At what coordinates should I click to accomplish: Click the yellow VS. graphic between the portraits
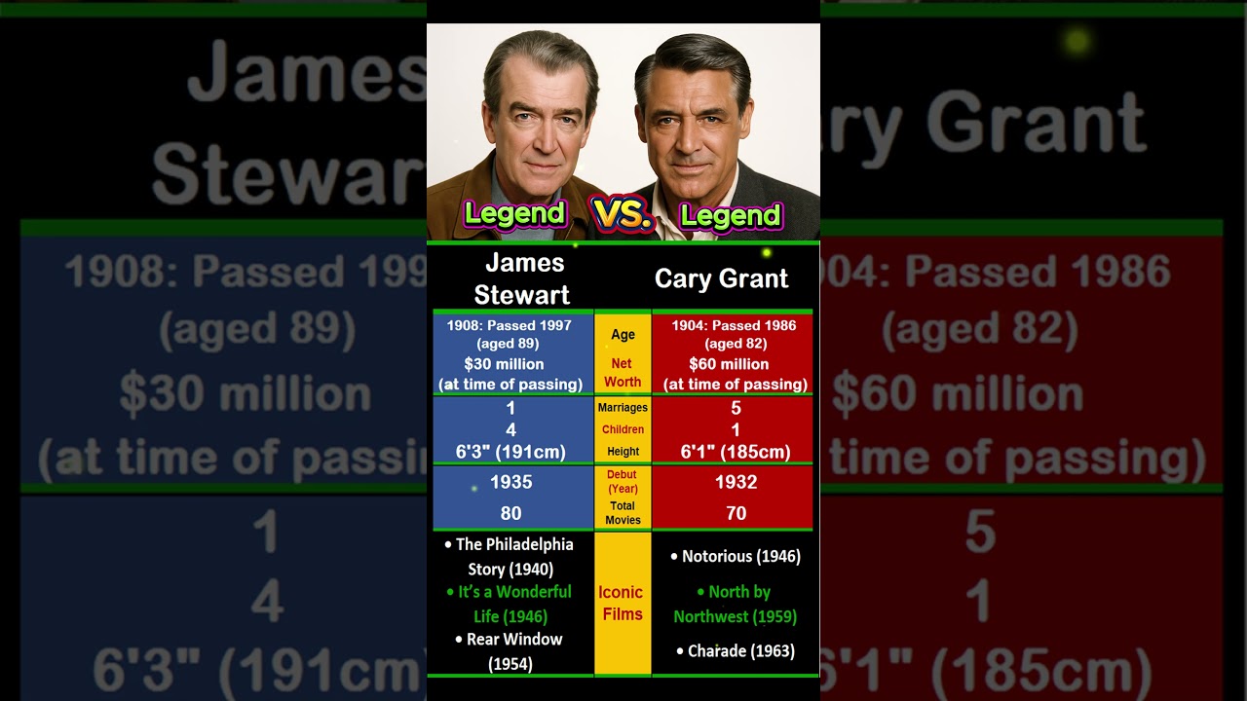622,214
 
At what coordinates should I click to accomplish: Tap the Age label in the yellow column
623,335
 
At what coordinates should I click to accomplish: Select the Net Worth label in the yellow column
623,373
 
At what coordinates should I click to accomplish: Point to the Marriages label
623,408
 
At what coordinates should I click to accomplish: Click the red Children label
623,429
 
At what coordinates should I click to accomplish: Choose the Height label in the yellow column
623,452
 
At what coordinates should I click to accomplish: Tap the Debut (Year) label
622,481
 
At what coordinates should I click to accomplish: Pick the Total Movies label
623,512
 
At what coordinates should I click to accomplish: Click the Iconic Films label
621,603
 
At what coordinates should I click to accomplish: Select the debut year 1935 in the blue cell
510,482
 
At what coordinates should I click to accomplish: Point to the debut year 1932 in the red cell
736,482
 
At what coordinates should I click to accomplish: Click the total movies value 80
510,513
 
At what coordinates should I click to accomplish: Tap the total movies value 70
736,513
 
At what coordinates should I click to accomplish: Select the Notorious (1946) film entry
736,557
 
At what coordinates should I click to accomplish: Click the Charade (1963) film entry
736,650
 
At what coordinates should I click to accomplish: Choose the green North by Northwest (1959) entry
736,604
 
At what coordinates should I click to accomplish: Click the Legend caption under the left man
514,213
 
